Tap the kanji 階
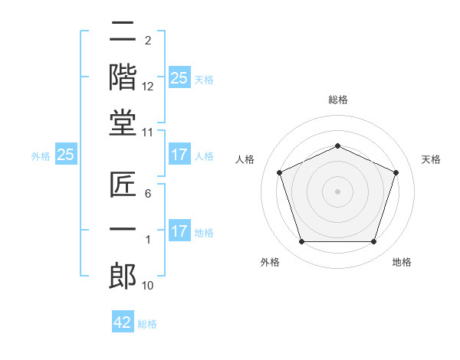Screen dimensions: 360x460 [x=123, y=77]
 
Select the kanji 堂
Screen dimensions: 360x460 [x=123, y=123]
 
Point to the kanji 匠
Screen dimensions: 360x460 [x=123, y=185]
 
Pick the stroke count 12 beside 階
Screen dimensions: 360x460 [x=148, y=87]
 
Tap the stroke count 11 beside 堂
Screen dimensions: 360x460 [x=148, y=133]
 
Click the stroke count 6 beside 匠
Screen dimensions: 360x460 [x=147, y=195]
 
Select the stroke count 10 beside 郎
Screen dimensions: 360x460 [x=148, y=286]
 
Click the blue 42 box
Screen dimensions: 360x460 [x=123, y=322]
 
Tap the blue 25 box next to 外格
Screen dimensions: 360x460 [x=65, y=155]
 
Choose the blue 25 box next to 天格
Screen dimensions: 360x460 [x=179, y=77]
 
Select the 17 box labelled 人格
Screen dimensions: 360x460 [x=179, y=155]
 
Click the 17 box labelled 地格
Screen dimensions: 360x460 [x=179, y=231]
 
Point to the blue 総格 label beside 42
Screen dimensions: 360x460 [x=147, y=324]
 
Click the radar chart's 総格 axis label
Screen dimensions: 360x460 [x=337, y=100]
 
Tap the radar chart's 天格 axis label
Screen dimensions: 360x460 [x=431, y=159]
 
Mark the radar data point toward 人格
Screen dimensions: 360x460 [x=279, y=172]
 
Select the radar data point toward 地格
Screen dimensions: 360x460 [x=373, y=242]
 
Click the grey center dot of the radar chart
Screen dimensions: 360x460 [x=337, y=191]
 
